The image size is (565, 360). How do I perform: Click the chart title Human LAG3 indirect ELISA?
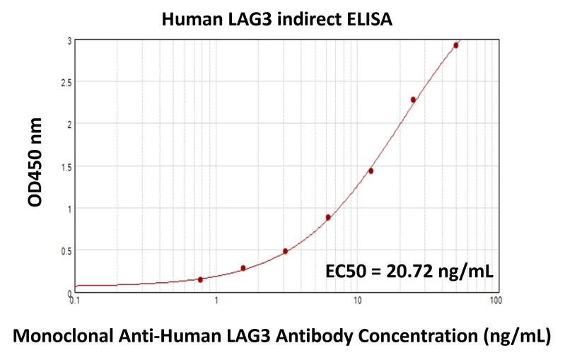click(x=276, y=19)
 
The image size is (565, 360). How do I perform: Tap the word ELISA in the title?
click(x=366, y=19)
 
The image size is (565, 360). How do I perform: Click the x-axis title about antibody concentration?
click(x=282, y=335)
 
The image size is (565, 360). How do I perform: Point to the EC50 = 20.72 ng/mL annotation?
click(x=409, y=271)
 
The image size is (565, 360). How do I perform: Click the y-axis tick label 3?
click(x=69, y=41)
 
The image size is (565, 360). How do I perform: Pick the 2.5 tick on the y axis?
click(x=66, y=83)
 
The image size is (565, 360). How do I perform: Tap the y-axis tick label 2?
click(x=69, y=124)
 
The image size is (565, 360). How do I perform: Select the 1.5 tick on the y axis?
click(x=66, y=167)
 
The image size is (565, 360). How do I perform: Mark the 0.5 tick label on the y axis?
click(x=66, y=250)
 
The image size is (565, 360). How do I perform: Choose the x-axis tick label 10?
click(x=358, y=301)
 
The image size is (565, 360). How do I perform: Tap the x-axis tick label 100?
click(x=496, y=301)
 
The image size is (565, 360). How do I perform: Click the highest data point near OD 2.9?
click(x=456, y=45)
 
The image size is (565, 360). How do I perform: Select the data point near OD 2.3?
click(x=413, y=100)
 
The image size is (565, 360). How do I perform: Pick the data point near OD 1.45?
click(x=371, y=171)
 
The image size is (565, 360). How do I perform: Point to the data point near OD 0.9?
click(x=328, y=217)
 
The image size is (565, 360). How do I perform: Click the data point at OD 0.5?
click(x=285, y=251)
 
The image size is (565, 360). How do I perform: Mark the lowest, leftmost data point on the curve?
click(x=200, y=279)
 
